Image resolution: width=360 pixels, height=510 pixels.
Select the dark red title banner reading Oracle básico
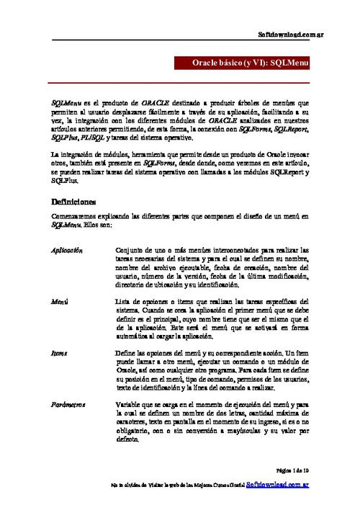click(x=246, y=64)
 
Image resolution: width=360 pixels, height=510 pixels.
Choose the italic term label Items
click(x=60, y=354)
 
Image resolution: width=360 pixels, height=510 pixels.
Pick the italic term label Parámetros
click(x=70, y=406)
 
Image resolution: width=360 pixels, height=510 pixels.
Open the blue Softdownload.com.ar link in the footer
click(x=277, y=487)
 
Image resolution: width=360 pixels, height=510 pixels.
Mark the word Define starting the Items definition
click(x=127, y=354)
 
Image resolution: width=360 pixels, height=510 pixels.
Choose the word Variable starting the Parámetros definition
click(x=130, y=406)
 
